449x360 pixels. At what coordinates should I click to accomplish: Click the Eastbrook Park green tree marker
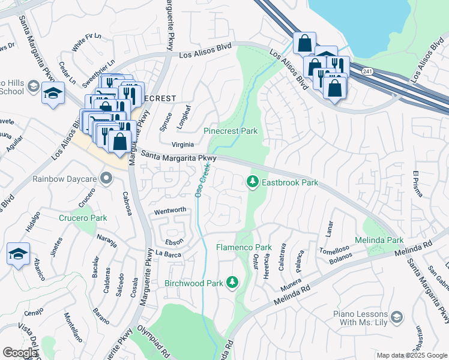[253, 181]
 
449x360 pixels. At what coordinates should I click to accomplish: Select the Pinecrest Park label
[231, 130]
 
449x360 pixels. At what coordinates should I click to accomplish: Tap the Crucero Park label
[83, 218]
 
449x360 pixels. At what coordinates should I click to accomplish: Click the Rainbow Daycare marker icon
[106, 178]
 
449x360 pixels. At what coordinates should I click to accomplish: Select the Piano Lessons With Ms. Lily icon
[396, 316]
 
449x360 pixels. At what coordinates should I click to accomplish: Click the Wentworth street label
[171, 211]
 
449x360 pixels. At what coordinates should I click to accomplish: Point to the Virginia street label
[182, 145]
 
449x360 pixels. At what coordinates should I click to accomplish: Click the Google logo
[19, 353]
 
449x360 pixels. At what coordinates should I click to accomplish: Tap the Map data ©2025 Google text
[411, 355]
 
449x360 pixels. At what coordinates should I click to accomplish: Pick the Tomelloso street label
[334, 250]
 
